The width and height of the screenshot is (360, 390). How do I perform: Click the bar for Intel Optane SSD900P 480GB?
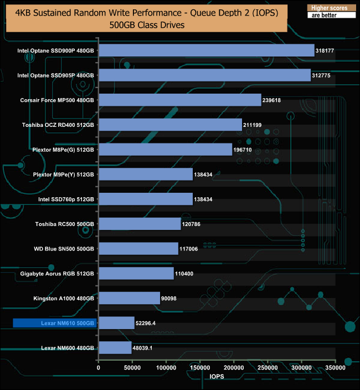point(206,50)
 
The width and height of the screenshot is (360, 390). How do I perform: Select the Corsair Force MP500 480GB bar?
point(179,100)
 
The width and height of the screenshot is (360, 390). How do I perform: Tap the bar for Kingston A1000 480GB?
point(129,298)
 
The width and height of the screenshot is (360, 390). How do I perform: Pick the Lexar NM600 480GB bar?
point(115,348)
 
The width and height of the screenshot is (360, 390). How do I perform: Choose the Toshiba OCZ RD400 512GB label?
point(58,125)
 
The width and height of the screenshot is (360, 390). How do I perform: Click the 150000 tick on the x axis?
point(200,367)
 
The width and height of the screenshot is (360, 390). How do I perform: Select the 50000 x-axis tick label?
point(132,367)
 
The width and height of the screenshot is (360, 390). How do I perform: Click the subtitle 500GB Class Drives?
point(143,25)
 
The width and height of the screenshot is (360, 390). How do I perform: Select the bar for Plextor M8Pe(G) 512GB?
point(165,150)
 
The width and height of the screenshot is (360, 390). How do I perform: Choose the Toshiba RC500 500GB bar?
point(140,224)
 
